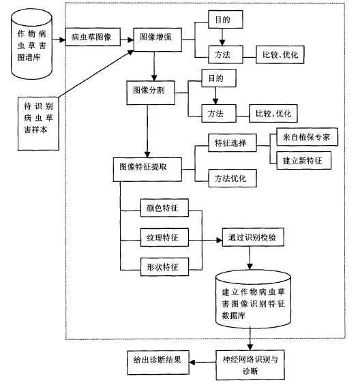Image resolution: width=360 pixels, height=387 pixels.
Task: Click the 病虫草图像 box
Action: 93,37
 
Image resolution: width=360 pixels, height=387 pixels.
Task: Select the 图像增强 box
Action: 157,40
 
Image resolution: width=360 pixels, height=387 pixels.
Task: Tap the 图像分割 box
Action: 151,93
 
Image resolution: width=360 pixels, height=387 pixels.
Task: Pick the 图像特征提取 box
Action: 147,170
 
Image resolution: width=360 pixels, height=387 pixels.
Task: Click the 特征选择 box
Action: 232,143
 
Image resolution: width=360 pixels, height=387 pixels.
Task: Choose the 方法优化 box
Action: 232,179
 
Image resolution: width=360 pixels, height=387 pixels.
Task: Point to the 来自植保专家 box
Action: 307,137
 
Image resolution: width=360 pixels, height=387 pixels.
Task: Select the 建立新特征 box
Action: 303,160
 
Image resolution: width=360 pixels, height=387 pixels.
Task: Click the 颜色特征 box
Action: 164,208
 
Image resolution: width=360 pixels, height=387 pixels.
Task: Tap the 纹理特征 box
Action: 164,237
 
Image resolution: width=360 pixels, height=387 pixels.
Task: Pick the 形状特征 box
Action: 164,267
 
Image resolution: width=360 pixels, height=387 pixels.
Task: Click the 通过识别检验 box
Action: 253,237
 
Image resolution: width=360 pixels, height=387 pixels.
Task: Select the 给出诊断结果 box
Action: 158,362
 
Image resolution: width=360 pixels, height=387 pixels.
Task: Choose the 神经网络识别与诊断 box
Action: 250,365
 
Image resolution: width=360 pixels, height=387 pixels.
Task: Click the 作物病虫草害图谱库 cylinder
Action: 31,44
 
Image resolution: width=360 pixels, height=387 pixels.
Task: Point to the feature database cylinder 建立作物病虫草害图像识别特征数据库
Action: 253,299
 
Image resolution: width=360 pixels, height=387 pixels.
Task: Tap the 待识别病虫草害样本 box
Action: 38,123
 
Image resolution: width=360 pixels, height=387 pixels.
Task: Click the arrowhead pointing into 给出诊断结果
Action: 192,362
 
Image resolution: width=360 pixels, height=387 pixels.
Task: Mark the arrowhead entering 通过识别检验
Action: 220,240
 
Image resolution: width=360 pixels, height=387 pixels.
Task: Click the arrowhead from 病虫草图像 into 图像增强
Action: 131,40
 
